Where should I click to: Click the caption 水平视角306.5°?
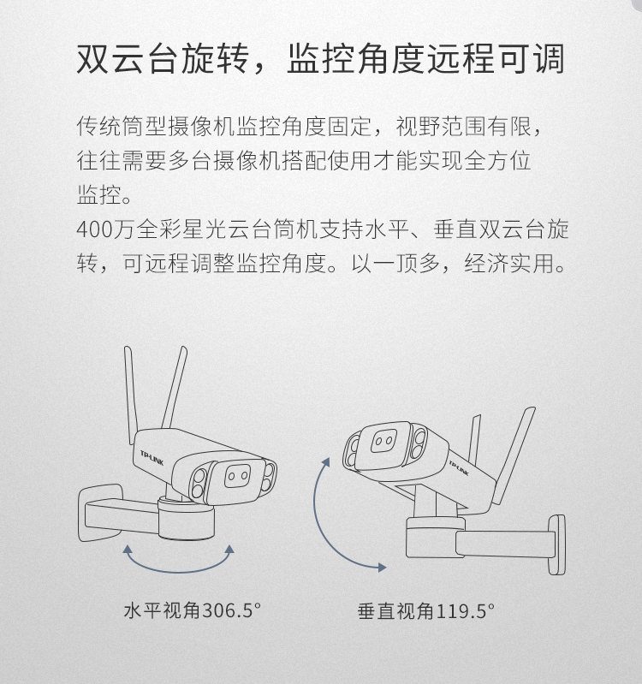[x=193, y=610]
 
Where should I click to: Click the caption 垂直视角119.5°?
[x=426, y=610]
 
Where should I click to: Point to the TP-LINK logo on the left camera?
[x=152, y=458]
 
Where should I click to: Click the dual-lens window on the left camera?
[x=238, y=476]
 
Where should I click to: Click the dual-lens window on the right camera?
[x=383, y=441]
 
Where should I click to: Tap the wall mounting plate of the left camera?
[x=99, y=513]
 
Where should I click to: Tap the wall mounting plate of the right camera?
[x=556, y=544]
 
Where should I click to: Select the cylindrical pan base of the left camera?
[x=187, y=520]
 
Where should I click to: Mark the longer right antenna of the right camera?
[x=514, y=455]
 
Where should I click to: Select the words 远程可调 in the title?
[x=496, y=59]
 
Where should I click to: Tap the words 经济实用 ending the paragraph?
[x=509, y=263]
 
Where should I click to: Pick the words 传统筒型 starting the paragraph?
[x=122, y=127]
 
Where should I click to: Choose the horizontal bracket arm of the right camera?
[x=505, y=544]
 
